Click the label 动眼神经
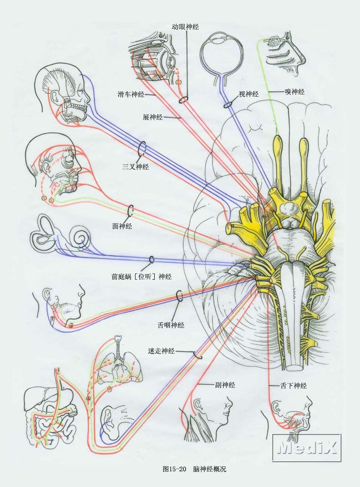point(185,27)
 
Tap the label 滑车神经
point(131,95)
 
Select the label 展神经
point(153,117)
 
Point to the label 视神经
point(249,94)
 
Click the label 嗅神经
point(295,91)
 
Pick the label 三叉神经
point(136,167)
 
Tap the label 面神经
point(122,226)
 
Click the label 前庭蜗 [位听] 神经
point(142,277)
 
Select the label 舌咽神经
point(171,325)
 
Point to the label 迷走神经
point(161,351)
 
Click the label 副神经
point(225,385)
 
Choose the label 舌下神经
point(294,386)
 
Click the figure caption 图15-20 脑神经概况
point(194,469)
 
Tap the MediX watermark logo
point(307,447)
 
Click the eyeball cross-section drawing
point(222,52)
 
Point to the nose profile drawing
point(286,52)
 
